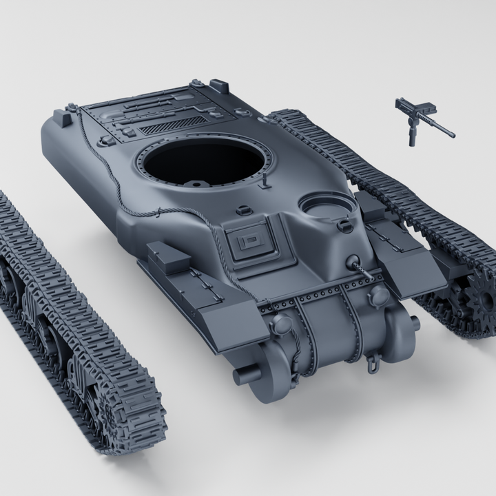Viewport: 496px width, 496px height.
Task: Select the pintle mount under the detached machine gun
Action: click(412, 134)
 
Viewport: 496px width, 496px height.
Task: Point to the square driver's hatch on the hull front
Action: click(250, 242)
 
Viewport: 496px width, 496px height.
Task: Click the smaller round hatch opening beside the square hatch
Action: click(325, 206)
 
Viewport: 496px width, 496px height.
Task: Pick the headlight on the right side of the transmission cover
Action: click(378, 296)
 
